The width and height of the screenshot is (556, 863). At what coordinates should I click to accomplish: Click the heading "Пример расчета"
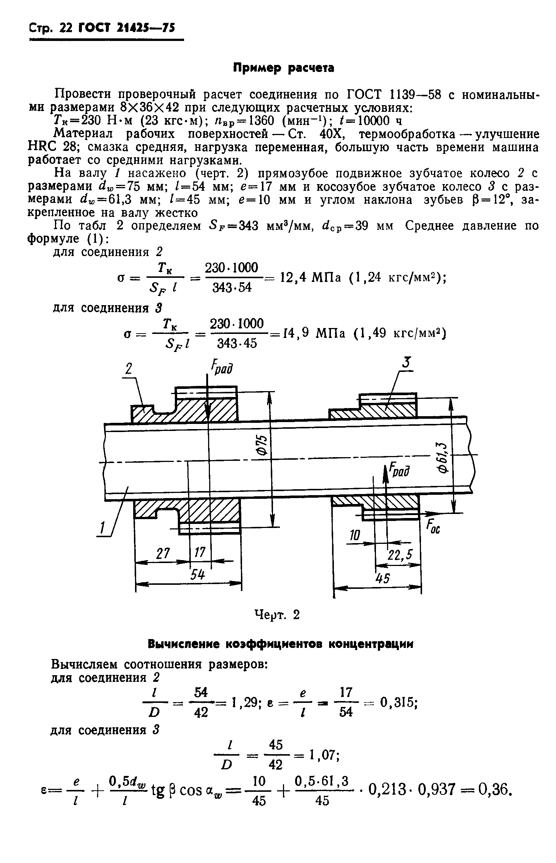coord(283,68)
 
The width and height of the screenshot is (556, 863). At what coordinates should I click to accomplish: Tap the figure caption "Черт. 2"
coord(277,615)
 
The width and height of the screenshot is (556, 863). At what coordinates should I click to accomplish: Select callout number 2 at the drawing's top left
coord(129,370)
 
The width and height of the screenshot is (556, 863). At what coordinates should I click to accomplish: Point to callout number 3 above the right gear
coord(406,364)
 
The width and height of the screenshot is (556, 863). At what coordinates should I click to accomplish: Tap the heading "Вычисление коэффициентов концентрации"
coord(280,644)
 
